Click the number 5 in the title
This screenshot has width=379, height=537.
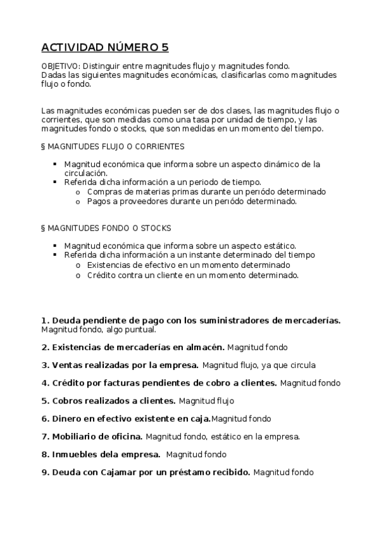coord(165,47)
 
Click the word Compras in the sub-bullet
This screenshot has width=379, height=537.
coord(103,191)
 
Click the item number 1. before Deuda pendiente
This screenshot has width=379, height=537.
coord(45,320)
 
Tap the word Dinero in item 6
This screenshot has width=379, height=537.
coord(67,419)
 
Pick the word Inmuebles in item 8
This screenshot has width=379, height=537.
coord(77,454)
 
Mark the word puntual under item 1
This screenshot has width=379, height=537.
coord(140,329)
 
